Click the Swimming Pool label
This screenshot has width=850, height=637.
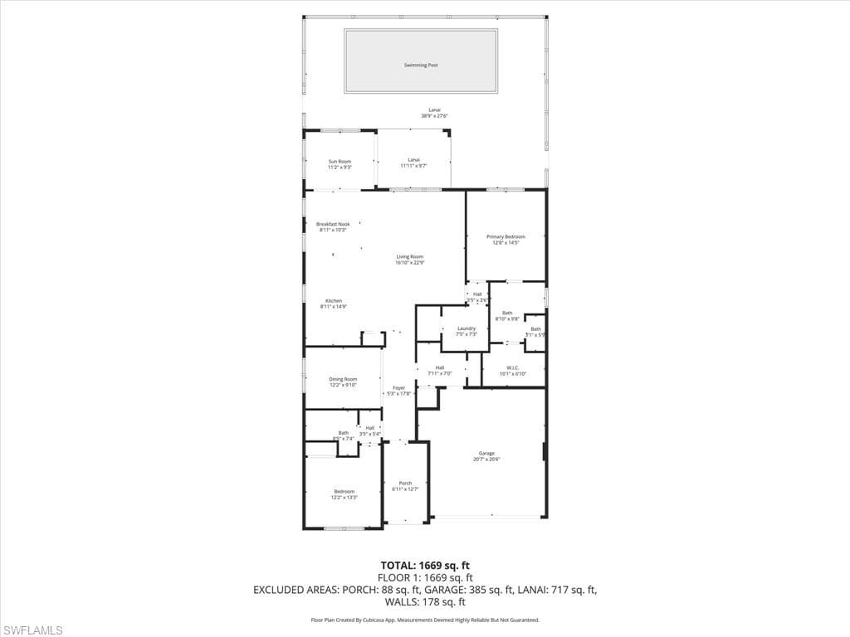point(421,65)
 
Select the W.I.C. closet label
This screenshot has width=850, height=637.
point(513,371)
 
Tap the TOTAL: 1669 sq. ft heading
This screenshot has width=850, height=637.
point(425,565)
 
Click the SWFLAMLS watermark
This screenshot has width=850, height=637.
point(32,630)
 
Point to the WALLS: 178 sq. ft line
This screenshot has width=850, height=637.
point(425,602)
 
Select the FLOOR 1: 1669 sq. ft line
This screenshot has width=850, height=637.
point(425,577)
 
